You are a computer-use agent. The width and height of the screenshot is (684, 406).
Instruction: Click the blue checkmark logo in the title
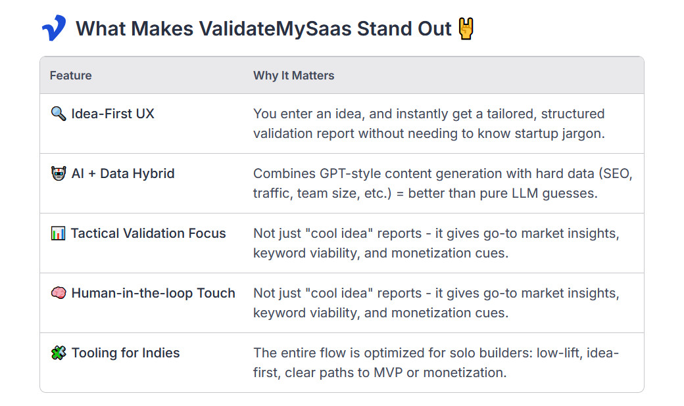point(54,28)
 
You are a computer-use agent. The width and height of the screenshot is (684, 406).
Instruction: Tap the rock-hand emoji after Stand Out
point(466,29)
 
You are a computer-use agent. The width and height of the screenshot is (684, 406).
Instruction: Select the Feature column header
point(70,76)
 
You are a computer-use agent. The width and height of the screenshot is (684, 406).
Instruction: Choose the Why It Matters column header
point(293,76)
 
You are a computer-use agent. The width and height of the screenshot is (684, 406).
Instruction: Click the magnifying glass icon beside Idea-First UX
point(59,114)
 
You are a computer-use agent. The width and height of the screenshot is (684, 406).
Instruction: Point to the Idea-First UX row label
point(112,114)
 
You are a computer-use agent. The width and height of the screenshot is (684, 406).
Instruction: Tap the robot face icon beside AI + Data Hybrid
point(59,173)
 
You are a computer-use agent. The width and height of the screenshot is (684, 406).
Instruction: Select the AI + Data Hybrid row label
point(123,173)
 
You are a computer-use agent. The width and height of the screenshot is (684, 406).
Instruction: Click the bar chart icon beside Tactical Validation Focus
point(59,233)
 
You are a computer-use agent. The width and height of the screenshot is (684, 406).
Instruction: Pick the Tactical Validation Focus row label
point(149,233)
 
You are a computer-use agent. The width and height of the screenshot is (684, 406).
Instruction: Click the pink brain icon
point(59,293)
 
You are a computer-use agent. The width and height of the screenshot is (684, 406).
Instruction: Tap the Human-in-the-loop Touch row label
point(153,293)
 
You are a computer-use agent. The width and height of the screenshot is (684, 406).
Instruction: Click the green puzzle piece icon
point(59,353)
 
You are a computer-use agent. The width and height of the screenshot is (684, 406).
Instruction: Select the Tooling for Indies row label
point(126,353)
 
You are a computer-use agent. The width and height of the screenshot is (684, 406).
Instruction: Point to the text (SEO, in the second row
point(616,174)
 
